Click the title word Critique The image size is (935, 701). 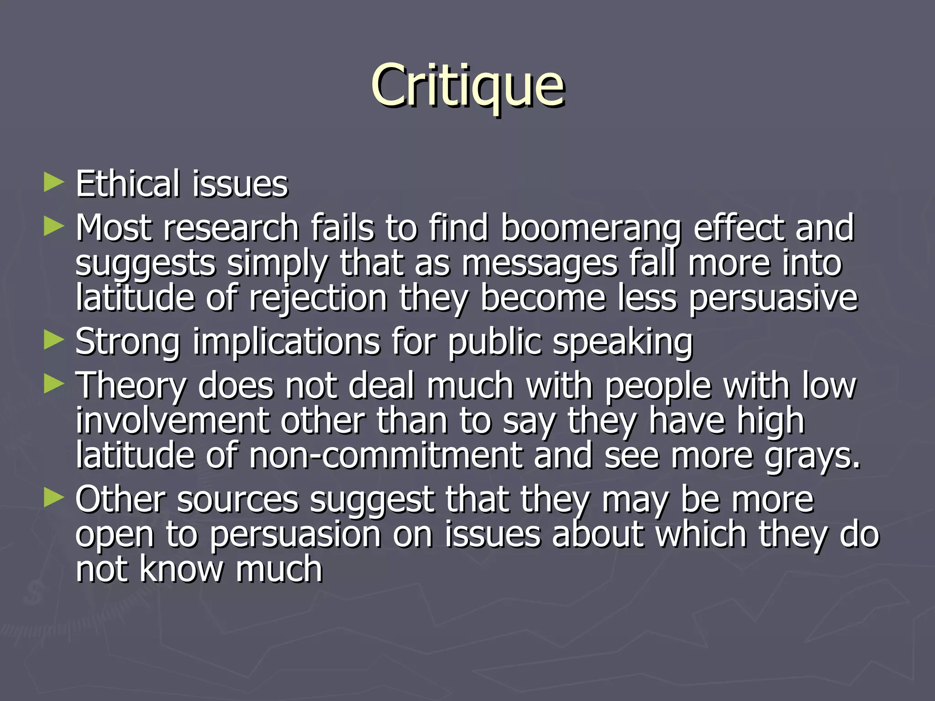pos(467,86)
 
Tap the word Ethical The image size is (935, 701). pos(127,183)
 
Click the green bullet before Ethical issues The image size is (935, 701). pos(54,183)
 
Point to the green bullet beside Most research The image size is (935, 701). pos(54,226)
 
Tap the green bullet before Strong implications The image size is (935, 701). pos(54,340)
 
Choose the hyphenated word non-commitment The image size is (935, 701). pos(386,455)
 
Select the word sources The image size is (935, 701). pos(237,500)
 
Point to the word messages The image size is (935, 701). pos(539,264)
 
